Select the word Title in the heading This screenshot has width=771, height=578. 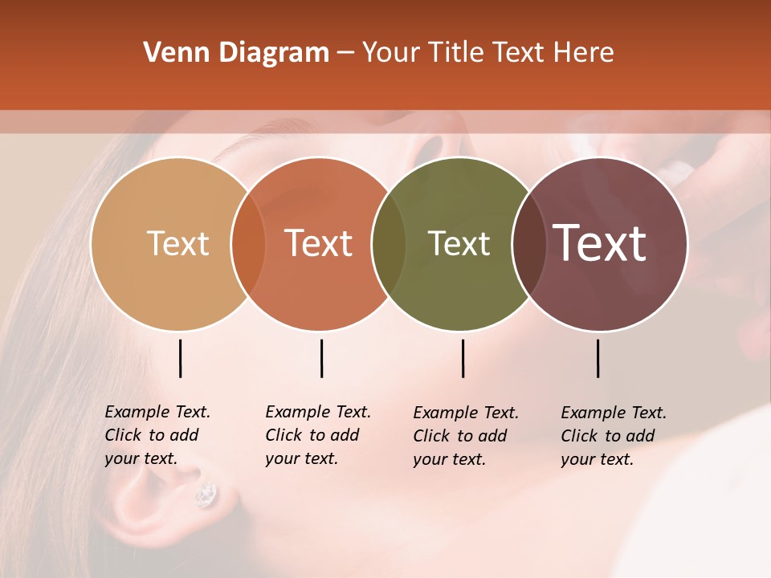click(459, 53)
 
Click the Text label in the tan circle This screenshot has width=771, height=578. click(177, 243)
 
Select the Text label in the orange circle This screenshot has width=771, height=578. click(319, 243)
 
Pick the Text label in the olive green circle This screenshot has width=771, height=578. click(459, 243)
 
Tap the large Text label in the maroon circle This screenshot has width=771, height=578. click(600, 243)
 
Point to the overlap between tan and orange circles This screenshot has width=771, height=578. click(248, 244)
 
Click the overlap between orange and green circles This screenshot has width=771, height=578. click(389, 244)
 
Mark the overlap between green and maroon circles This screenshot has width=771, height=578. click(528, 244)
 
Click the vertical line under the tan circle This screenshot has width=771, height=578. click(180, 358)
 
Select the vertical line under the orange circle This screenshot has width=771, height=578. click(321, 358)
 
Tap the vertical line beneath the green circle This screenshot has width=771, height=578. click(463, 358)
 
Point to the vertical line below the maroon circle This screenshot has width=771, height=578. click(598, 358)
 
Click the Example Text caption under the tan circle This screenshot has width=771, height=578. click(157, 435)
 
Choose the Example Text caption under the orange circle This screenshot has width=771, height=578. click(317, 435)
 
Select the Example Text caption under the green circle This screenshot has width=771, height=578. click(465, 436)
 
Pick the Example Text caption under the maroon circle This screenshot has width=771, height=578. click(613, 436)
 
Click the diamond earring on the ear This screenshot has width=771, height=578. click(206, 495)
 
